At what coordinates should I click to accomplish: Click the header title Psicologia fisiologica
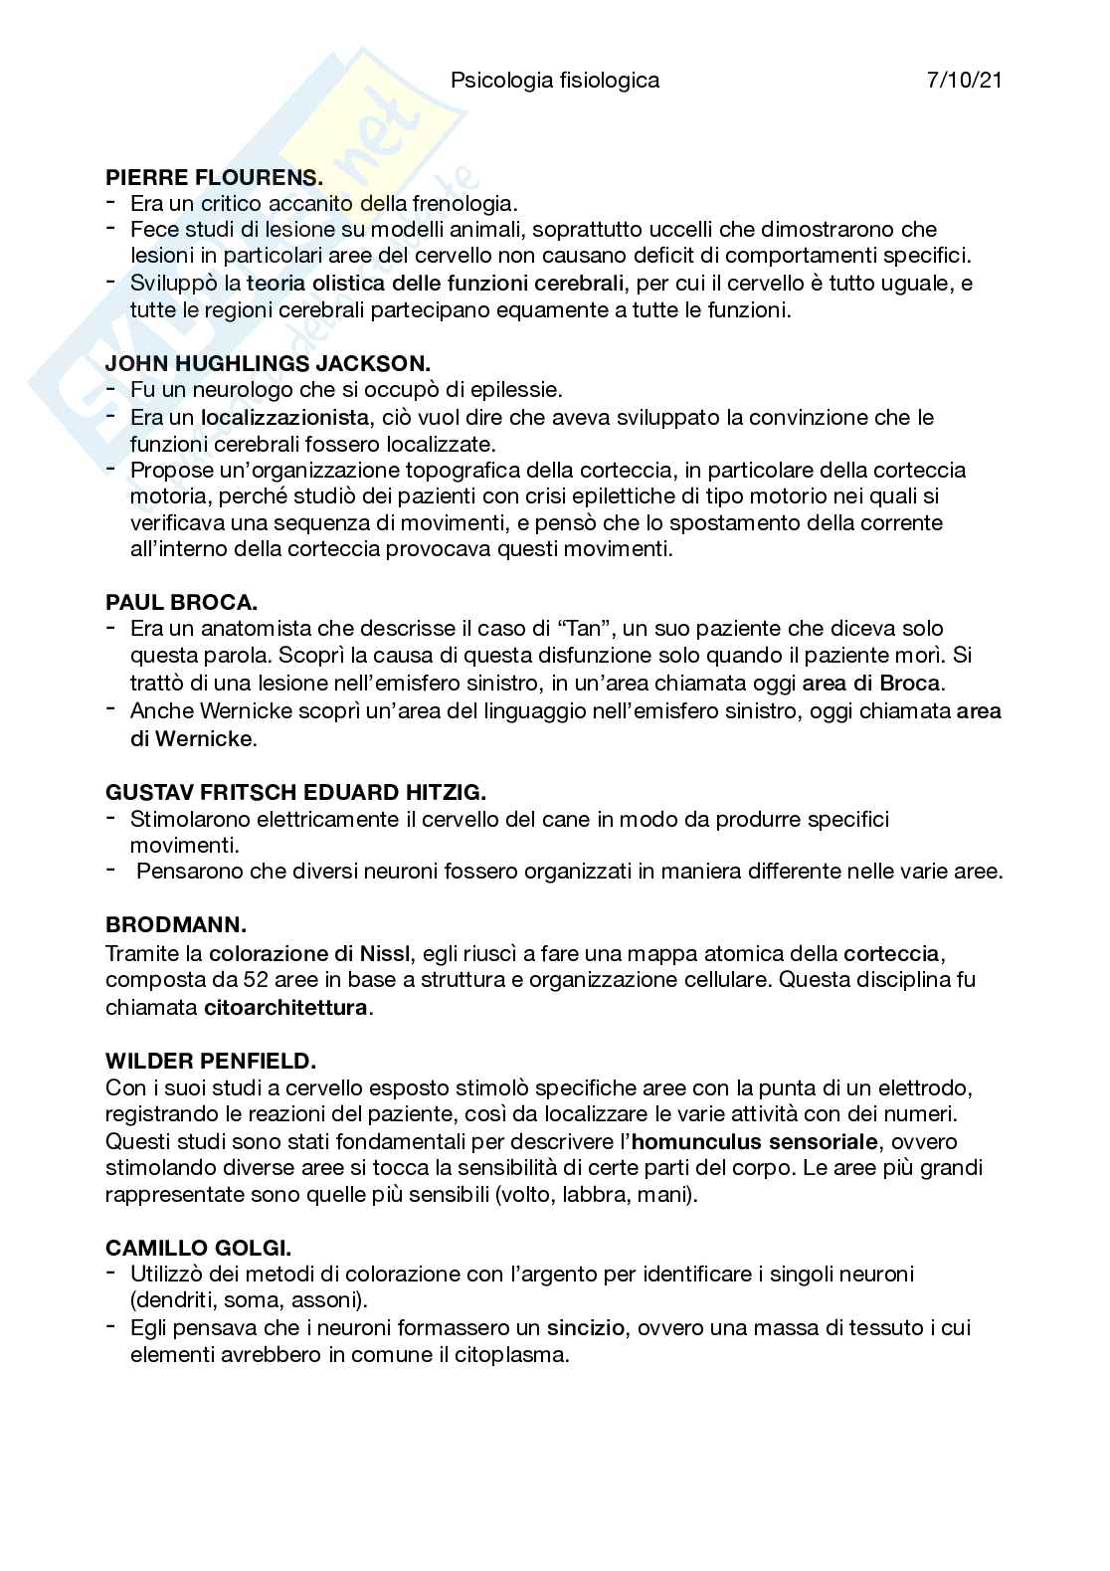[x=555, y=81]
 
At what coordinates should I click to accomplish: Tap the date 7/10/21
[x=963, y=81]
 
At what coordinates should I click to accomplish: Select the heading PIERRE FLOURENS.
[x=214, y=178]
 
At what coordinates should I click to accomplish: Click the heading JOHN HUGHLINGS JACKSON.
[x=268, y=364]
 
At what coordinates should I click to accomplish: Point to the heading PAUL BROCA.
[x=182, y=602]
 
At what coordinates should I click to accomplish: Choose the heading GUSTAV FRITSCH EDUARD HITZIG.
[x=295, y=793]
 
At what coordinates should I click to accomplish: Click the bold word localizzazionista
[x=285, y=417]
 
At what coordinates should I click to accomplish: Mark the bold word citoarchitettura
[x=285, y=1007]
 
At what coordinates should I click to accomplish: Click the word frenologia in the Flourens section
[x=461, y=204]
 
